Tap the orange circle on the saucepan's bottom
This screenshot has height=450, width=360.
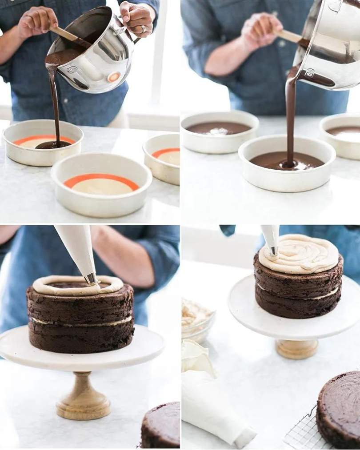(114, 77)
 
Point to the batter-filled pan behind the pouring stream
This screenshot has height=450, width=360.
(219, 130)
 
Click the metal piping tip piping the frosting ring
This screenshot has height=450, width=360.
(91, 279)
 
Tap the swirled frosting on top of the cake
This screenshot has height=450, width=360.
(300, 255)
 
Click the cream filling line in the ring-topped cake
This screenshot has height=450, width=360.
(80, 321)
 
